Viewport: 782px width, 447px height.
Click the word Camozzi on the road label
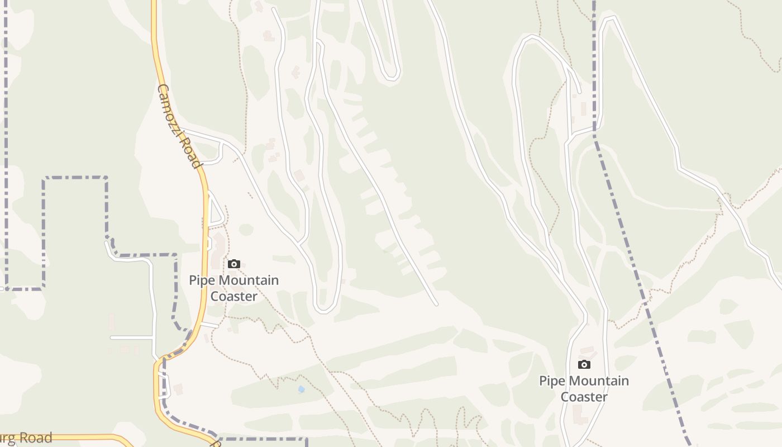point(171,110)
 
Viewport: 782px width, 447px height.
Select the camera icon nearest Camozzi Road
point(234,264)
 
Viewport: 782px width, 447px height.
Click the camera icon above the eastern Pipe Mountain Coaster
point(584,364)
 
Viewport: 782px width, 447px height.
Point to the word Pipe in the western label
point(201,280)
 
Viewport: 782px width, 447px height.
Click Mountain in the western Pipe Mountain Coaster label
point(247,280)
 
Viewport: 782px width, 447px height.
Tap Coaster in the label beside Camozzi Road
point(233,296)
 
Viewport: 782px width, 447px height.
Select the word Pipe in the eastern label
point(551,381)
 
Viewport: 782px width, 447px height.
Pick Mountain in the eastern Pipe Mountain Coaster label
point(598,381)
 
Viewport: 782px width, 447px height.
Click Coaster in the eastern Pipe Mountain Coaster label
point(584,397)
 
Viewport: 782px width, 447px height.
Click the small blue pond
point(302,389)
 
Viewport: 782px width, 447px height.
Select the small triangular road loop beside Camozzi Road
point(215,210)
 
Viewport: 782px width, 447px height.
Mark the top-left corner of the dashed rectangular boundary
point(44,178)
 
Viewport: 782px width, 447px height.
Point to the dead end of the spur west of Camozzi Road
point(111,337)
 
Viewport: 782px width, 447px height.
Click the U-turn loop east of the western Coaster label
point(325,308)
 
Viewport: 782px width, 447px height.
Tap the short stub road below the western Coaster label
point(210,325)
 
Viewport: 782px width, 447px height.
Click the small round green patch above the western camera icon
point(246,230)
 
